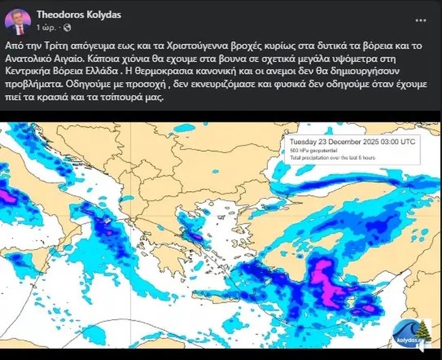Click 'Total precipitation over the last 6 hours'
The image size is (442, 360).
333,158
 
